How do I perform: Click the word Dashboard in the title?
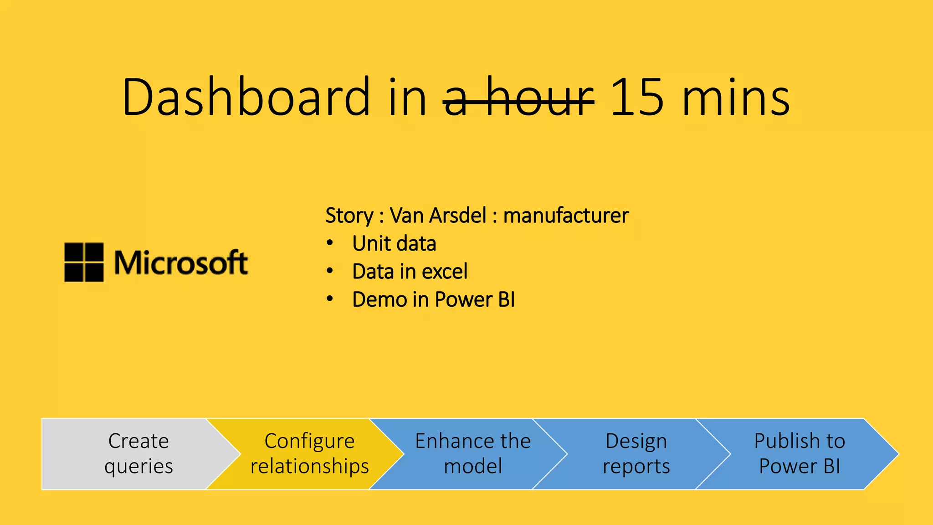pyautogui.click(x=246, y=97)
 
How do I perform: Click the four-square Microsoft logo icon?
pyautogui.click(x=84, y=262)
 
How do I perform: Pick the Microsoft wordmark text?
pyautogui.click(x=181, y=263)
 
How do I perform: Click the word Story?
pyautogui.click(x=349, y=216)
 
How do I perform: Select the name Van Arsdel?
pyautogui.click(x=438, y=215)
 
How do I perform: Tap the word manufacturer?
pyautogui.click(x=566, y=215)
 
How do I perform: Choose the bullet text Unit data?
pyautogui.click(x=394, y=243)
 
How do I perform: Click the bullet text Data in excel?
pyautogui.click(x=410, y=272)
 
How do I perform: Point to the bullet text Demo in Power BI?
pyautogui.click(x=433, y=300)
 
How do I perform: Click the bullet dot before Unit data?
pyautogui.click(x=330, y=243)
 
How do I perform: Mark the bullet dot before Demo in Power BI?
pyautogui.click(x=330, y=299)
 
